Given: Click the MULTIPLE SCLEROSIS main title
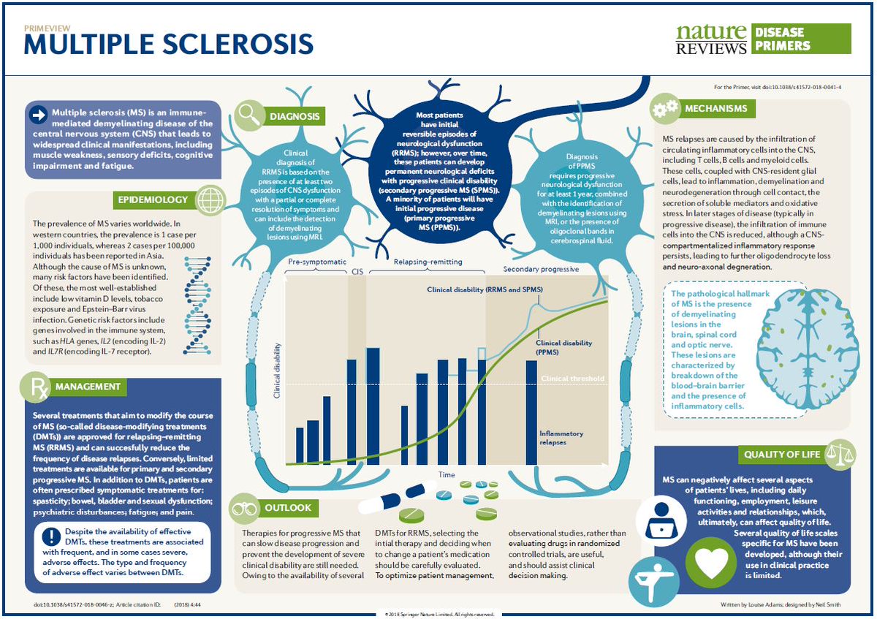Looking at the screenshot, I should [x=169, y=45].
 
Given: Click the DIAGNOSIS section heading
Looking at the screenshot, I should [x=295, y=116].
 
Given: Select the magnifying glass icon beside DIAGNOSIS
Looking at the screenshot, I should [x=250, y=113].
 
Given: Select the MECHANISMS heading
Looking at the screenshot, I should [x=715, y=109].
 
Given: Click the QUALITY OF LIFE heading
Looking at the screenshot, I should [x=782, y=454].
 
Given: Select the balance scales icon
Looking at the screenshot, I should [x=838, y=453].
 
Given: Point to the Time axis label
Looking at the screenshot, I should [x=447, y=475].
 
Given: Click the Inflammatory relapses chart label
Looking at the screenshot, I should [x=561, y=438].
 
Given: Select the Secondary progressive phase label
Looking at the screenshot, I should [x=541, y=269].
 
